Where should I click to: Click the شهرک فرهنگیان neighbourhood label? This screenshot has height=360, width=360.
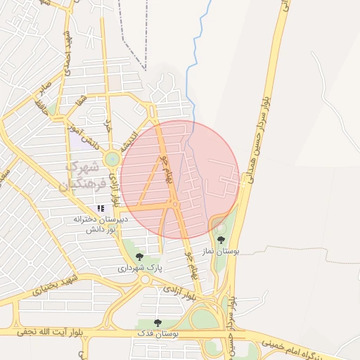tap(87, 176)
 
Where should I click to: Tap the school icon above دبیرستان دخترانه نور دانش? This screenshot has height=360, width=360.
tap(101, 208)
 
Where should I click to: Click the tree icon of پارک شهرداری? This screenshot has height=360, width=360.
tap(139, 257)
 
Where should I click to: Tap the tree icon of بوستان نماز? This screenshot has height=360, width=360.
tap(221, 240)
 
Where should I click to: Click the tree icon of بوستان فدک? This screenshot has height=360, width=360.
tap(157, 323)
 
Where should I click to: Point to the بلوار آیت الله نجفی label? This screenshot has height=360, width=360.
tap(44, 330)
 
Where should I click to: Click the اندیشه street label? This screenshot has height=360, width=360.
tap(127, 141)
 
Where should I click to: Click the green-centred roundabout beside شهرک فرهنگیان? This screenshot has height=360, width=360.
tap(112, 160)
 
